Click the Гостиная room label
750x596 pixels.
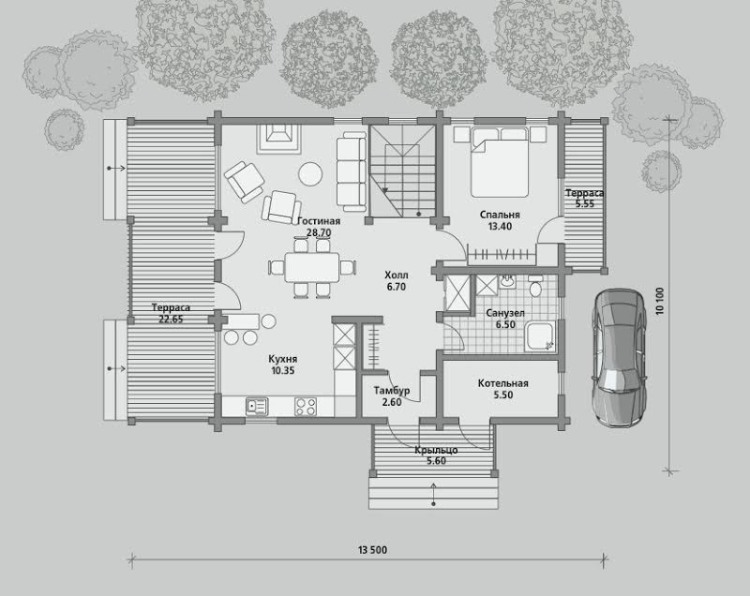(x=319, y=221)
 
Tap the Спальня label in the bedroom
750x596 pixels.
(x=500, y=215)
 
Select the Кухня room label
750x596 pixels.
(x=283, y=359)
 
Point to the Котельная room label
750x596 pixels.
(x=503, y=383)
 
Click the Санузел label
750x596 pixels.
(x=505, y=313)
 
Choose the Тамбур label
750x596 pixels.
(x=392, y=391)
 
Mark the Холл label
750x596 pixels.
(x=397, y=276)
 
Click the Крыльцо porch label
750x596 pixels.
(x=436, y=450)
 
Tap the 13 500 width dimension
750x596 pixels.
(x=372, y=550)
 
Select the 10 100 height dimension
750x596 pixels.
(x=660, y=301)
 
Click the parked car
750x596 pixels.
(x=619, y=357)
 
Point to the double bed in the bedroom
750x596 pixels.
(x=500, y=161)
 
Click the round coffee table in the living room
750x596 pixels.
(x=310, y=173)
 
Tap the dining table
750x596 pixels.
(x=312, y=267)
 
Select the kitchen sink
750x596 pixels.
(x=257, y=407)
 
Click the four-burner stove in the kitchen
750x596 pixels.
(x=306, y=407)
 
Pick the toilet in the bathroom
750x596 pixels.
(x=535, y=287)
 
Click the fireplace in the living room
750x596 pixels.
(x=278, y=139)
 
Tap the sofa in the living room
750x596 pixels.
(x=352, y=171)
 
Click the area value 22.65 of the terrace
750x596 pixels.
(x=171, y=320)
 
